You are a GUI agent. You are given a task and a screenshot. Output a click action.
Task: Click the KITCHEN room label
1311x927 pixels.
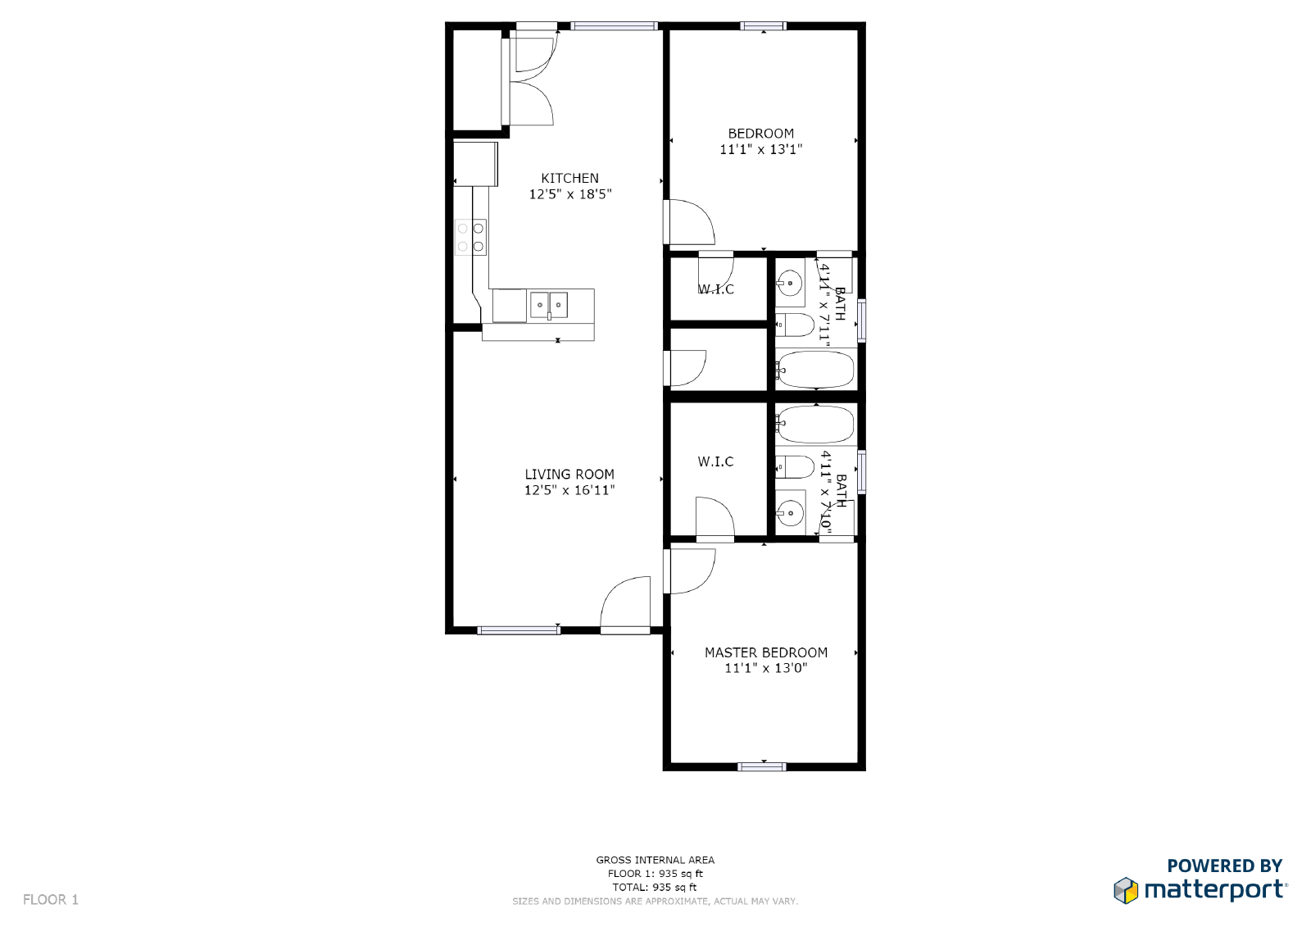tap(569, 178)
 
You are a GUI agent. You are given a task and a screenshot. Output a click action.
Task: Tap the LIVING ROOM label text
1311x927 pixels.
tap(569, 474)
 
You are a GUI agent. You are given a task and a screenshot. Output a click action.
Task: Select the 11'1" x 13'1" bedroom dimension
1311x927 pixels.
tap(760, 149)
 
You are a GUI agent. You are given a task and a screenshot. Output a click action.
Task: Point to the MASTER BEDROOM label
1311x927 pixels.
tap(766, 652)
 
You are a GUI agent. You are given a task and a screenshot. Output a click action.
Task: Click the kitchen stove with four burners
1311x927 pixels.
tap(470, 237)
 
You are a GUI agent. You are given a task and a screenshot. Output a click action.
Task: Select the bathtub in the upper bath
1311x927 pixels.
tap(815, 370)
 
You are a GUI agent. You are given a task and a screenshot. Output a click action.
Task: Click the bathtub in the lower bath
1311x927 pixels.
tap(815, 424)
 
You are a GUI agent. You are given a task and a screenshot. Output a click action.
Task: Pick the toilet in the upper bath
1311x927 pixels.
tap(794, 325)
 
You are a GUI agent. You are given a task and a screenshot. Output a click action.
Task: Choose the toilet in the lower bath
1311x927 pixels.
tap(794, 467)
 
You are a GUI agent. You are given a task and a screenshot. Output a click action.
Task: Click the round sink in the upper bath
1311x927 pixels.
tap(790, 284)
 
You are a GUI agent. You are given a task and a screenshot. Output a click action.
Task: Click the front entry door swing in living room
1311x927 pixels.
tap(626, 604)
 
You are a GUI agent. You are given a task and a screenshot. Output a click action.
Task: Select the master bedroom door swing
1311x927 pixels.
tap(691, 570)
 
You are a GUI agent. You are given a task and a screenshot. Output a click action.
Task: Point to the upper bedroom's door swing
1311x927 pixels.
tap(691, 222)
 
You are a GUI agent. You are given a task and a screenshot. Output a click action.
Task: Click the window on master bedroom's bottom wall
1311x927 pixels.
tap(762, 767)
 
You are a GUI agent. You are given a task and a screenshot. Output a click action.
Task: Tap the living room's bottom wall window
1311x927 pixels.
tap(519, 630)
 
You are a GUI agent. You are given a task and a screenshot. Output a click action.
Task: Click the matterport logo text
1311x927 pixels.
tap(1214, 889)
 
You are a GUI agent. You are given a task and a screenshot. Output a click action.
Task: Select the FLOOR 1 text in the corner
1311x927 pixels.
tap(51, 899)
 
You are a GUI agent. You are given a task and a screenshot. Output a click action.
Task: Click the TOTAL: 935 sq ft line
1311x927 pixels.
tap(655, 887)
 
